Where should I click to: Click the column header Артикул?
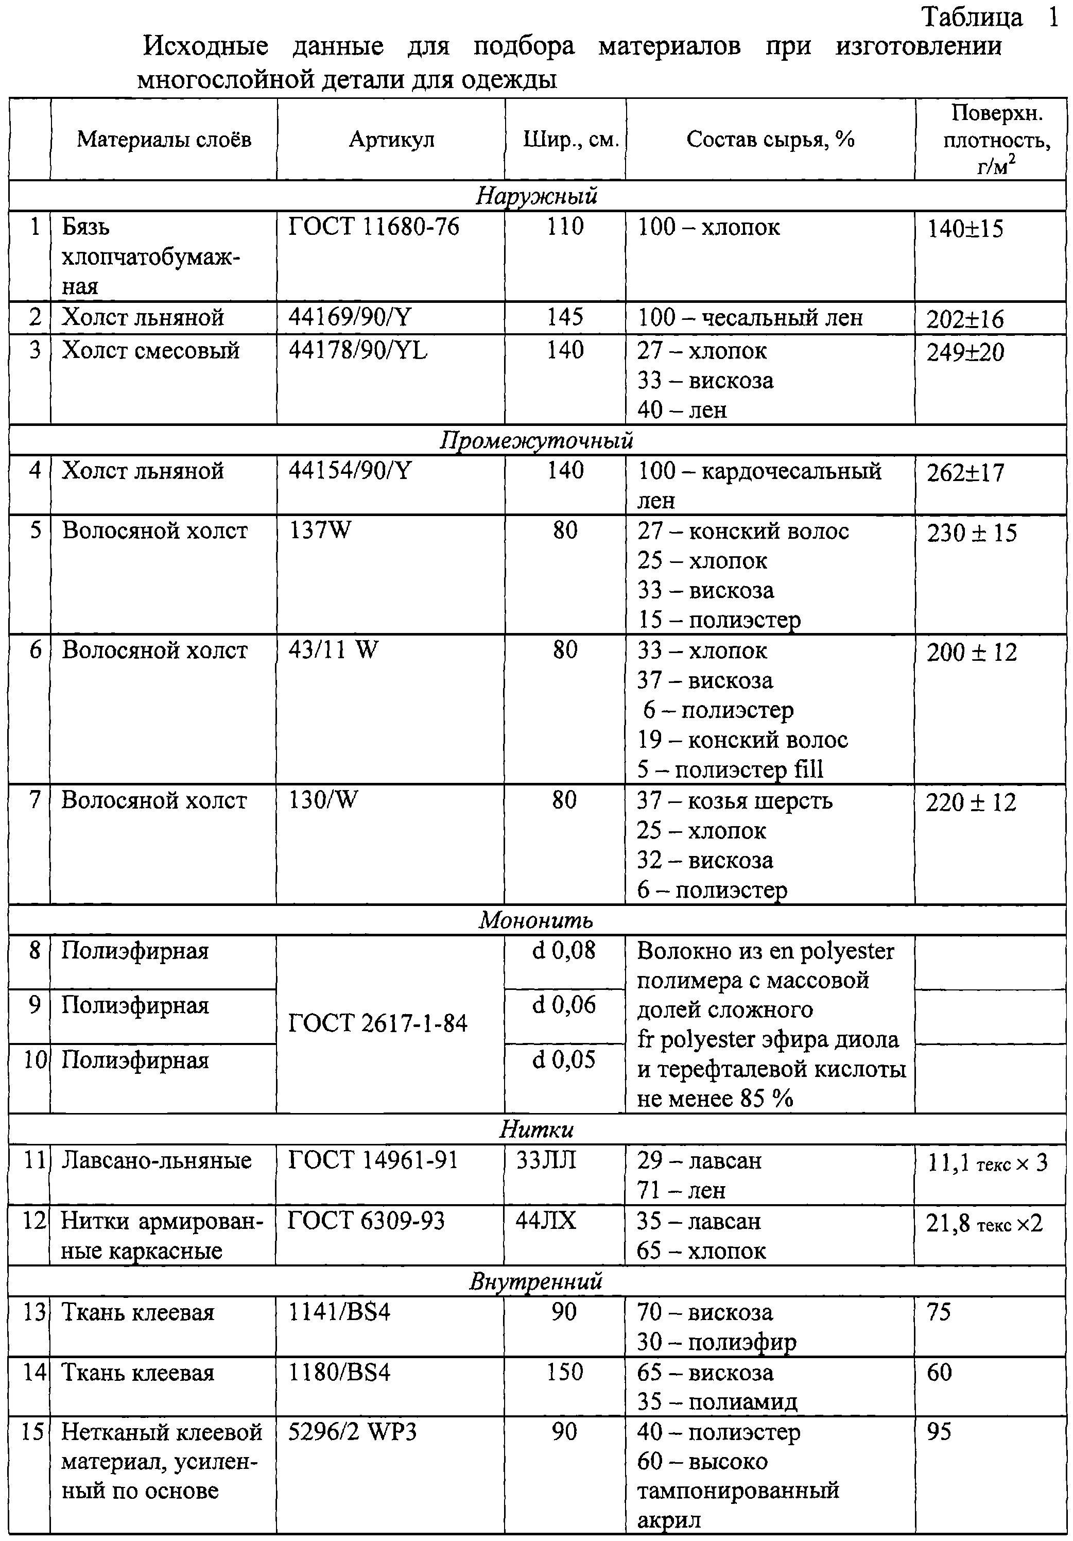[391, 140]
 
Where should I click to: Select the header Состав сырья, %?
[770, 140]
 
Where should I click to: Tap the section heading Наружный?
[537, 196]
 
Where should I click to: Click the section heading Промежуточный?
[537, 440]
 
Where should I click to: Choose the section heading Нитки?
[537, 1129]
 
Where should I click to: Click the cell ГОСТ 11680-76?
[374, 227]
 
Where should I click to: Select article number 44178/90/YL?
[358, 350]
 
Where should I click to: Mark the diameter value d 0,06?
[564, 1005]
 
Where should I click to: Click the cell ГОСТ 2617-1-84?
[378, 1023]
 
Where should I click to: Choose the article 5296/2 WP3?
[352, 1432]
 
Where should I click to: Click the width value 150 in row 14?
[564, 1373]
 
